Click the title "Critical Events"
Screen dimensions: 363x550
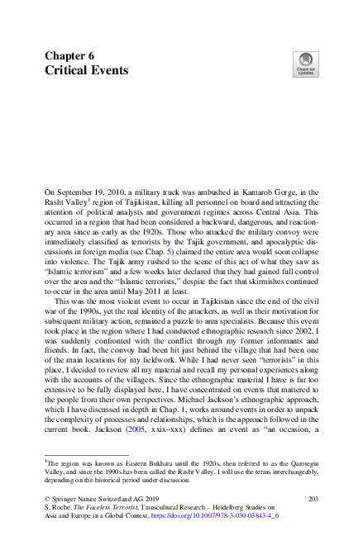coord(86,70)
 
